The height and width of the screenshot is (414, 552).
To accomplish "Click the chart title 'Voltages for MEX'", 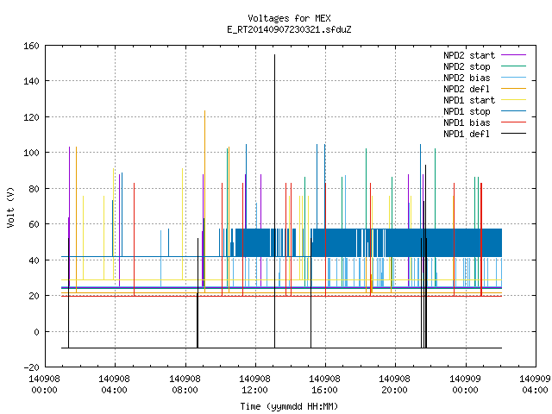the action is click(x=289, y=18).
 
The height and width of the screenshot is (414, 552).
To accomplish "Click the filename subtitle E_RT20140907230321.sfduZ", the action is click(x=289, y=29).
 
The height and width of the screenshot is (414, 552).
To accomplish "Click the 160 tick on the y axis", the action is click(x=31, y=46).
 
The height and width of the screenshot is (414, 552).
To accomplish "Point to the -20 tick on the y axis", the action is click(x=31, y=367).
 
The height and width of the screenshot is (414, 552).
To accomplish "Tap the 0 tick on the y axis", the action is click(x=36, y=332).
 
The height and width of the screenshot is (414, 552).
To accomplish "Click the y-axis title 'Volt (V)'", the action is click(x=10, y=207).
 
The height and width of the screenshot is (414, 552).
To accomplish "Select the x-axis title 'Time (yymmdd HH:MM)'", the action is click(x=289, y=406).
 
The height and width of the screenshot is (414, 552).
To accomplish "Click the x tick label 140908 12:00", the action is click(x=255, y=385).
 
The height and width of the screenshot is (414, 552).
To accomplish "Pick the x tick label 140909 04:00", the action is click(x=535, y=385).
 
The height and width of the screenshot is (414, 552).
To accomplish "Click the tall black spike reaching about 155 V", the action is click(x=274, y=201).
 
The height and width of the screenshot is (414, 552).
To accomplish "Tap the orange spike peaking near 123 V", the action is click(x=205, y=201).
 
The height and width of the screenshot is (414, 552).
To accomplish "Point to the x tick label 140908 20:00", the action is click(x=395, y=385).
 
